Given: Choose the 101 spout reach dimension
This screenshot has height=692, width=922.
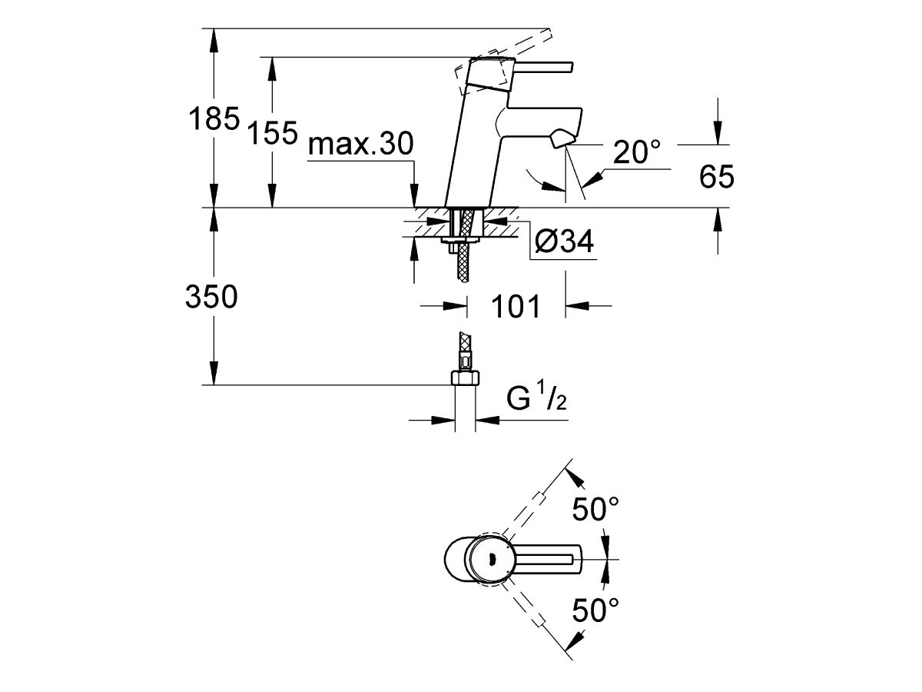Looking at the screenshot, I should coord(515,306).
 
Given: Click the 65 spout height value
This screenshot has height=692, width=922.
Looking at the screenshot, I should coord(717,178).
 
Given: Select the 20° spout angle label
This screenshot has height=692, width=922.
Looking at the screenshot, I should coord(637,154).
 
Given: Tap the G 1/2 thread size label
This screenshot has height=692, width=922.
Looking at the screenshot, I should coord(536,401).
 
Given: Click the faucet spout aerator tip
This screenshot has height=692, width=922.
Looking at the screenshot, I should coord(562,138).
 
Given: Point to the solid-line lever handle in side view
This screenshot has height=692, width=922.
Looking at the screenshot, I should coord(538,68).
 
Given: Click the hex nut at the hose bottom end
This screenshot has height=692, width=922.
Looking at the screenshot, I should coord(465,378).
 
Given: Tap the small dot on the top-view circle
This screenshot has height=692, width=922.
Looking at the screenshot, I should coord(492,560).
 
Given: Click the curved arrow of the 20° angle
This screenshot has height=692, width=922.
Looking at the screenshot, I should coord(538,178).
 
